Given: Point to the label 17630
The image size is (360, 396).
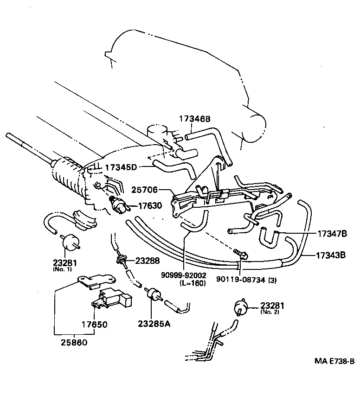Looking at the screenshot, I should tap(148, 207).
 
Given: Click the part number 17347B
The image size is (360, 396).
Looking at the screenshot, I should tap(332, 234).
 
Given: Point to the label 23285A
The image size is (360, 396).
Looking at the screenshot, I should tap(154, 324).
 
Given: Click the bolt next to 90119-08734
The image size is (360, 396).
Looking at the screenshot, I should tap(241, 253).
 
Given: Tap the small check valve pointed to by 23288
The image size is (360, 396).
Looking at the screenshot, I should tap(123, 259).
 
